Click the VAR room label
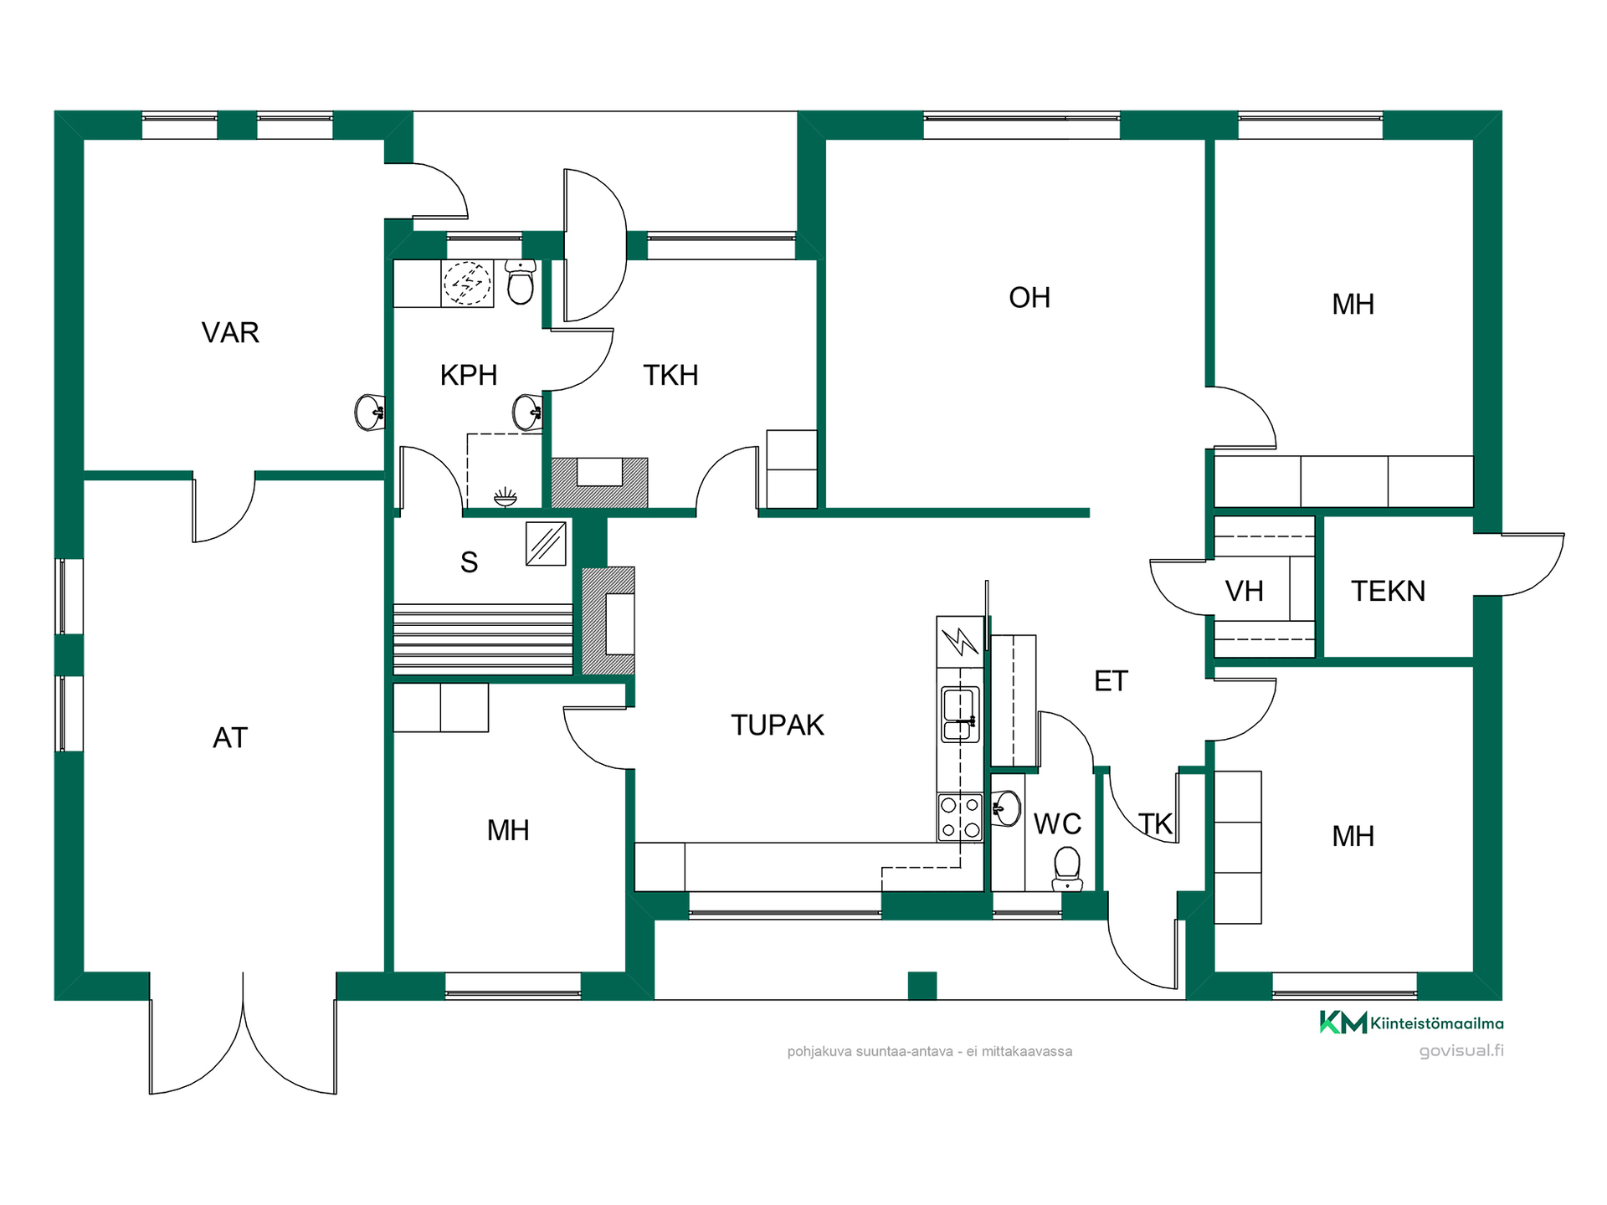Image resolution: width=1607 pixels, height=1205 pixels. coord(230,332)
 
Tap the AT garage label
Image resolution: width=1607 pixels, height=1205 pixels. coord(230,737)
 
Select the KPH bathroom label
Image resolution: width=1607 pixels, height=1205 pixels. coord(469,375)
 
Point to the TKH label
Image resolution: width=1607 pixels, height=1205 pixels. coord(670,375)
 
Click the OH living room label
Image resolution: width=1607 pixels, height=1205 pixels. coord(1029,297)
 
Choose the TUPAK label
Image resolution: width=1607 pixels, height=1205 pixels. coord(778,725)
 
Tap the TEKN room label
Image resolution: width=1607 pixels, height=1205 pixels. coord(1388,591)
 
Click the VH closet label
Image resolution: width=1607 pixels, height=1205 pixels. coord(1245,591)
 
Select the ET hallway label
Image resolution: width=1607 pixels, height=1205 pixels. coord(1111,681)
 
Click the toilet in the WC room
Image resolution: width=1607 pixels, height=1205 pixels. coord(1067,869)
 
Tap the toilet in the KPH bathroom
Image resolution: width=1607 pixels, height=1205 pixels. coord(521,281)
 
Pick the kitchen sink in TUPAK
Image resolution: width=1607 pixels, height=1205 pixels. coord(960,714)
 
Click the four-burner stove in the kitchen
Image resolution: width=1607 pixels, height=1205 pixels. coord(960,818)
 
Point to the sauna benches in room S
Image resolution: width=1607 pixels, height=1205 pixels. coord(483,638)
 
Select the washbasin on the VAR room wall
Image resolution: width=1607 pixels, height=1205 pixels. coord(369,413)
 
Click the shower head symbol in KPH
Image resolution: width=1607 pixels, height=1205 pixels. coord(505,497)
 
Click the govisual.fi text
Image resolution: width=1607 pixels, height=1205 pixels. coord(1461,1051)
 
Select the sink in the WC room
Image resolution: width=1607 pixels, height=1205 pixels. coord(1006,808)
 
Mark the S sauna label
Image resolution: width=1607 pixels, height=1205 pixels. coord(469,562)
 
